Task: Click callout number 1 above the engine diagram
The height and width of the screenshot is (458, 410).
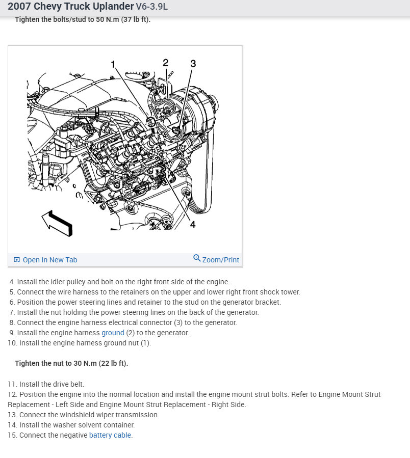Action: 113,64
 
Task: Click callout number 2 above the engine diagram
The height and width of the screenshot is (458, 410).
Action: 165,62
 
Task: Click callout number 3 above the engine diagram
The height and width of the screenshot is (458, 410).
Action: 193,64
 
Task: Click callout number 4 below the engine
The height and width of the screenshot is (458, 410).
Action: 192,224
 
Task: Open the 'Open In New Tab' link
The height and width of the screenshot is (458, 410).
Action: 49,260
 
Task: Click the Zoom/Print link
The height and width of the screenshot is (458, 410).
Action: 220,260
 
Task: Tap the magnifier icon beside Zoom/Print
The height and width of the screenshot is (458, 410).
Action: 197,258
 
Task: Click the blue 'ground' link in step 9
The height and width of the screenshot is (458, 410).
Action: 113,333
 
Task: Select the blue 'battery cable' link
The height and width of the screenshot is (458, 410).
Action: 110,435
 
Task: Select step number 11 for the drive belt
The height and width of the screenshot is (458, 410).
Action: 12,384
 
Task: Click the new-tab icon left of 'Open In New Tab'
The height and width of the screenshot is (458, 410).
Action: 17,260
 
